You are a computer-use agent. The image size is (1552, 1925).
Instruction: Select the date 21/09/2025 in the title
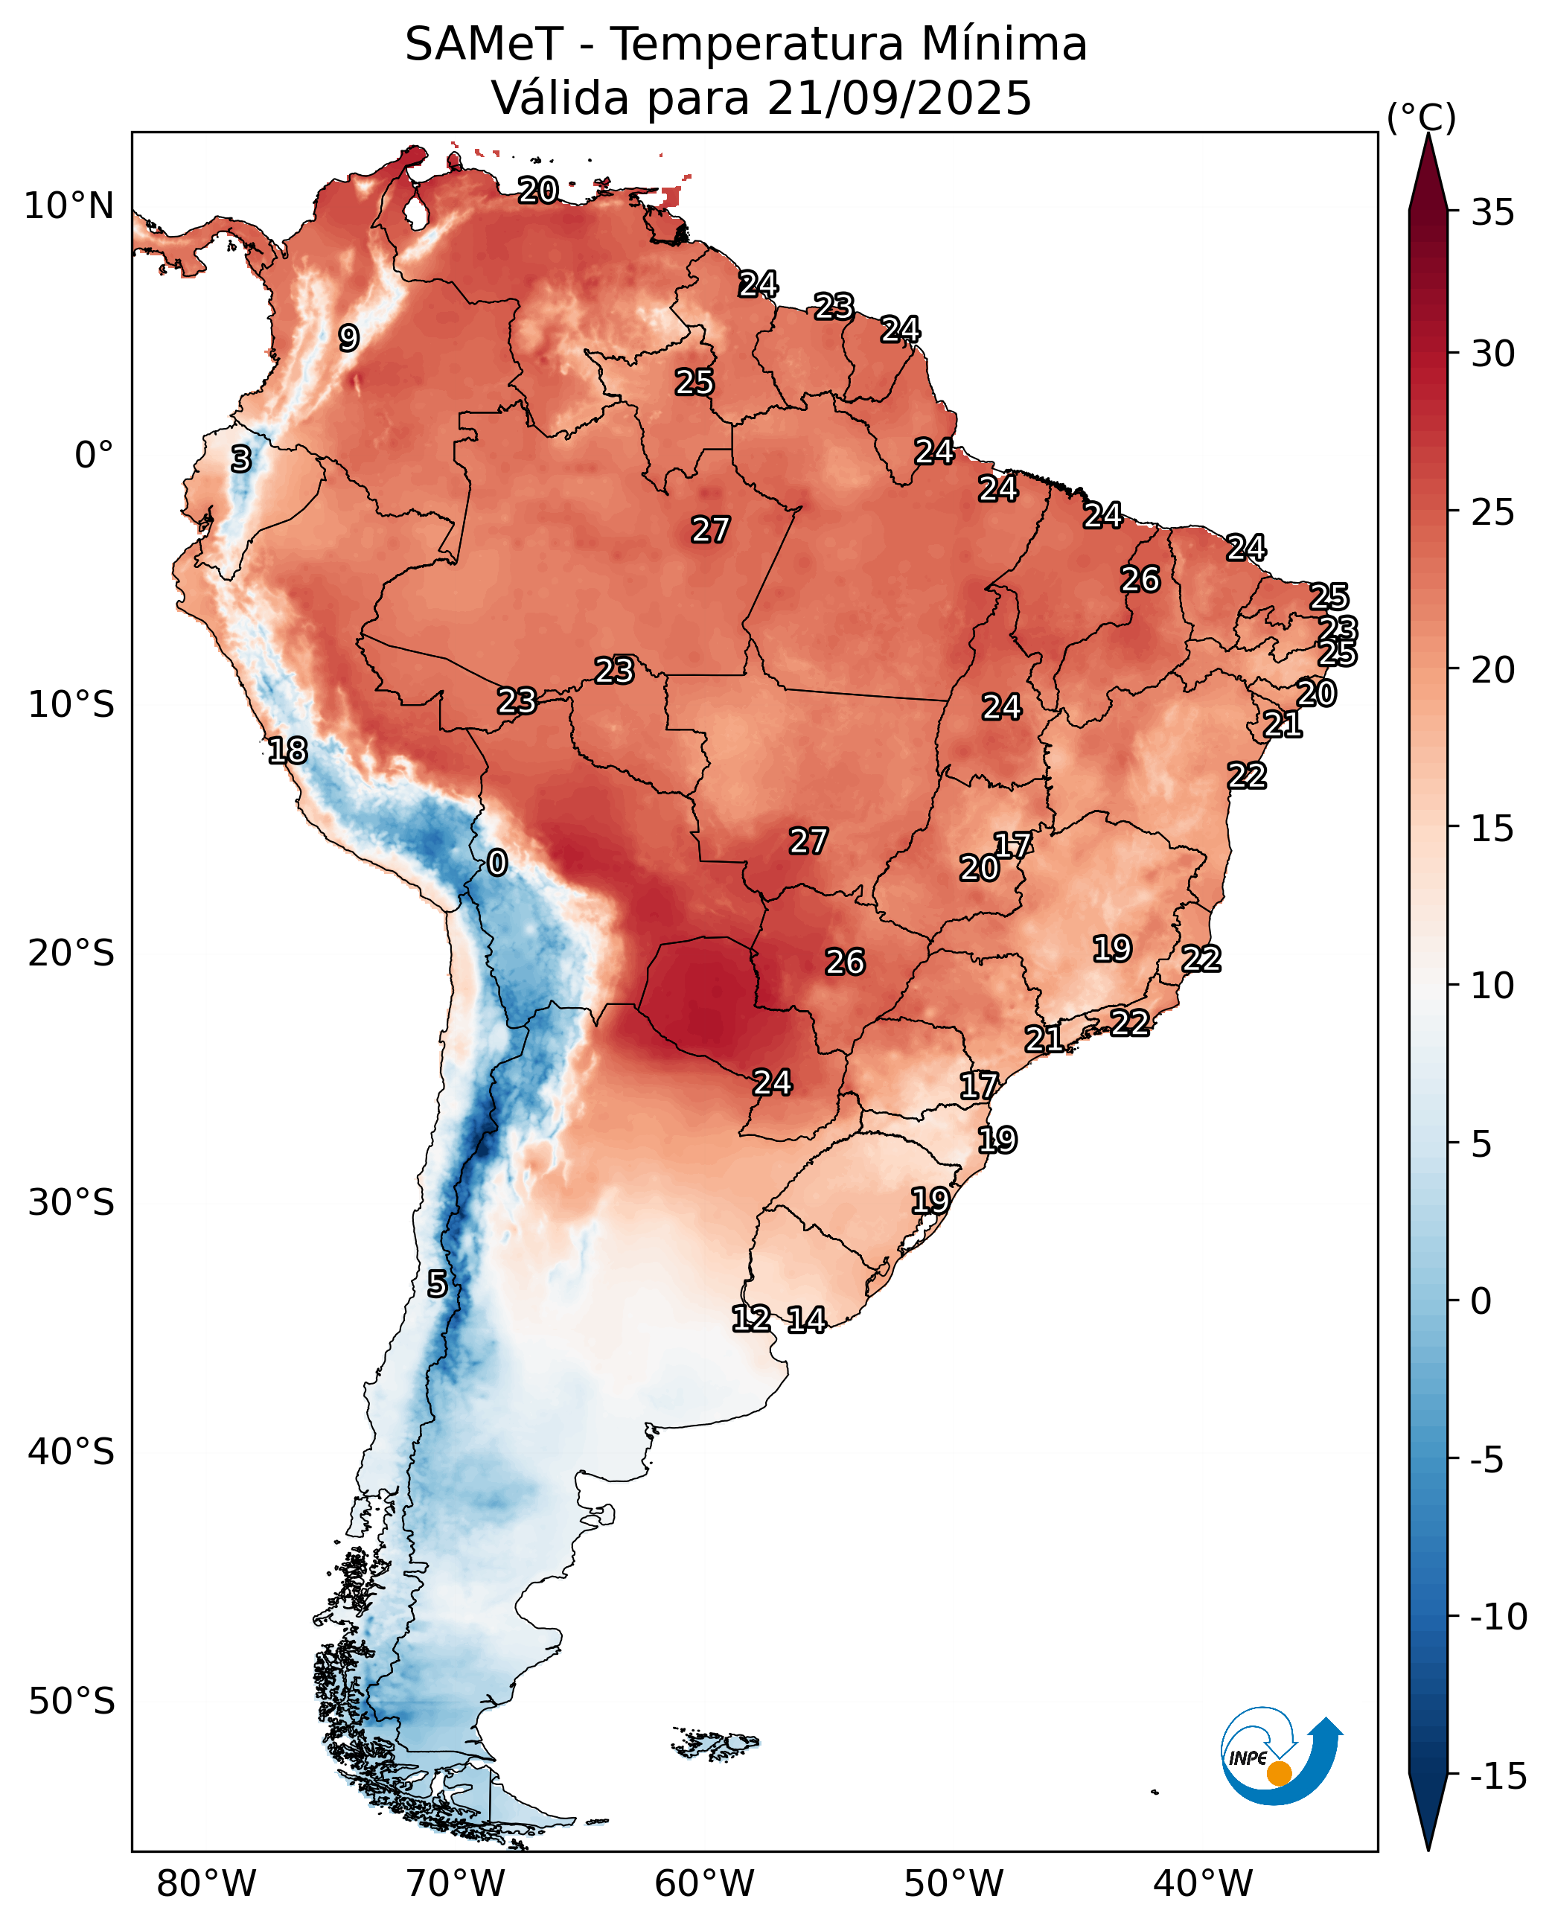(x=898, y=98)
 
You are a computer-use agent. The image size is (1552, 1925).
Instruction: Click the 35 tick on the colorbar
(x=1493, y=213)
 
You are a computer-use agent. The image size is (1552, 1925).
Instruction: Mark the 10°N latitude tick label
(x=68, y=206)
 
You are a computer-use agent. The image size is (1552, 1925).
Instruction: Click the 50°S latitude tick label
(x=71, y=1701)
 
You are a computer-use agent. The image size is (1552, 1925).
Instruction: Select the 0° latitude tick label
(x=94, y=455)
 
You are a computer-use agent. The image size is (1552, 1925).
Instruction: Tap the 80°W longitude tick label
(x=205, y=1883)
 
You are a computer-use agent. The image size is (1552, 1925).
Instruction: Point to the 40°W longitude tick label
(x=1202, y=1883)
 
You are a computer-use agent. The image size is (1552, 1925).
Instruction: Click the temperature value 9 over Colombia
(x=348, y=338)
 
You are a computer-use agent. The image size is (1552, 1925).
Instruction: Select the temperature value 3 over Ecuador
(x=241, y=459)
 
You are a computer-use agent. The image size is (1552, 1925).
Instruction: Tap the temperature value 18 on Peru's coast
(x=288, y=751)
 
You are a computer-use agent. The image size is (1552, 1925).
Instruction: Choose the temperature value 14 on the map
(x=806, y=1320)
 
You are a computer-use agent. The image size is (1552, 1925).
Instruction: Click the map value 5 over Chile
(x=436, y=1284)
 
